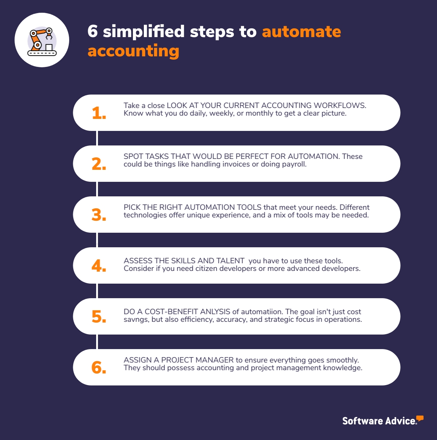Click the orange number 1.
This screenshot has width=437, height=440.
tap(99, 113)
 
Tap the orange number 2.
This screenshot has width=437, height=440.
tap(99, 164)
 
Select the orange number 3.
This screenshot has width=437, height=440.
tap(99, 215)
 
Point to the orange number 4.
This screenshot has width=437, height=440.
tap(99, 266)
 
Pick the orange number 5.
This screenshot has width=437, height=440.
tap(99, 317)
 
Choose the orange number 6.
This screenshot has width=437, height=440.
tap(99, 368)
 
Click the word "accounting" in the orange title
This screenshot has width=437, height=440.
tap(133, 51)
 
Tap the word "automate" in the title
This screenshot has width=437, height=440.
tap(302, 32)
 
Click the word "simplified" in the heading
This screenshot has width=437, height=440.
tap(143, 32)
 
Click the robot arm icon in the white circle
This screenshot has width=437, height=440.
tap(42, 41)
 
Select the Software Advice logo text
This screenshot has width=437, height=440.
tap(379, 421)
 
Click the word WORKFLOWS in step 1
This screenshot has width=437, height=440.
tap(340, 105)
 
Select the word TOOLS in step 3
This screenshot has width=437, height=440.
tap(249, 207)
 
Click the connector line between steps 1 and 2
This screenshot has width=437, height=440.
tap(97, 138)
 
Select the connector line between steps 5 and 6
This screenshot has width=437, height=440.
tap(97, 342)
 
